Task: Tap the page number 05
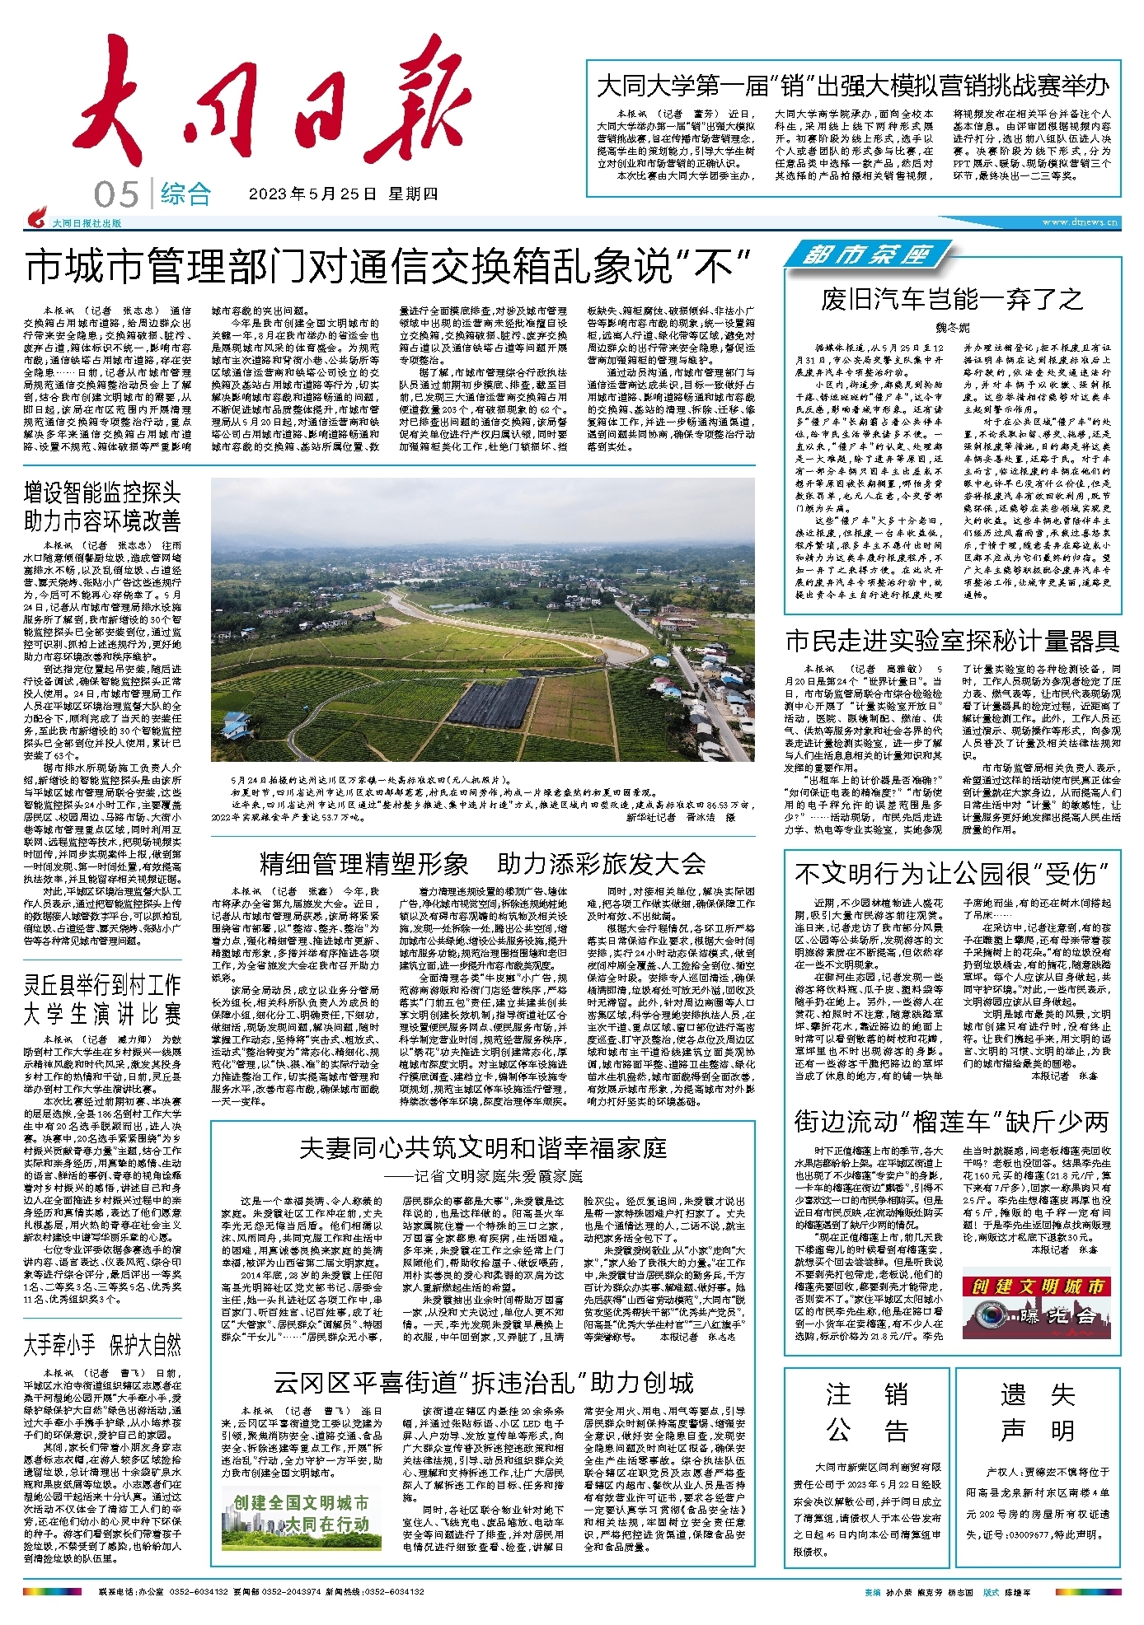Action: tap(116, 195)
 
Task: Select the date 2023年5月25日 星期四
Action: tap(343, 194)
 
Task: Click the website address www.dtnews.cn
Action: tap(1080, 222)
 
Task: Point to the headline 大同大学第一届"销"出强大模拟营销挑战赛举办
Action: tap(852, 86)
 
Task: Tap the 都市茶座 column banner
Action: tap(865, 254)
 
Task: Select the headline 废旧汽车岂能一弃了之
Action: tap(952, 299)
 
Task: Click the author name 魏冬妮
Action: tap(952, 327)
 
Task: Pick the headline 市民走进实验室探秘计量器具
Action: tap(952, 640)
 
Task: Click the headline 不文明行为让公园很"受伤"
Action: tap(952, 872)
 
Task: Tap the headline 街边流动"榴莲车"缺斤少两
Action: tap(952, 1121)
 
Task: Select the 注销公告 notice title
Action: tap(867, 1413)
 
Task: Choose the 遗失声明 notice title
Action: tap(1038, 1413)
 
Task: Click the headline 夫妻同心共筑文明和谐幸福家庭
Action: tap(482, 1148)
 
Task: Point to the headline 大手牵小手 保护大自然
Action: tap(102, 1346)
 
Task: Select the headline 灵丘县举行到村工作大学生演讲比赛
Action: tap(102, 998)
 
